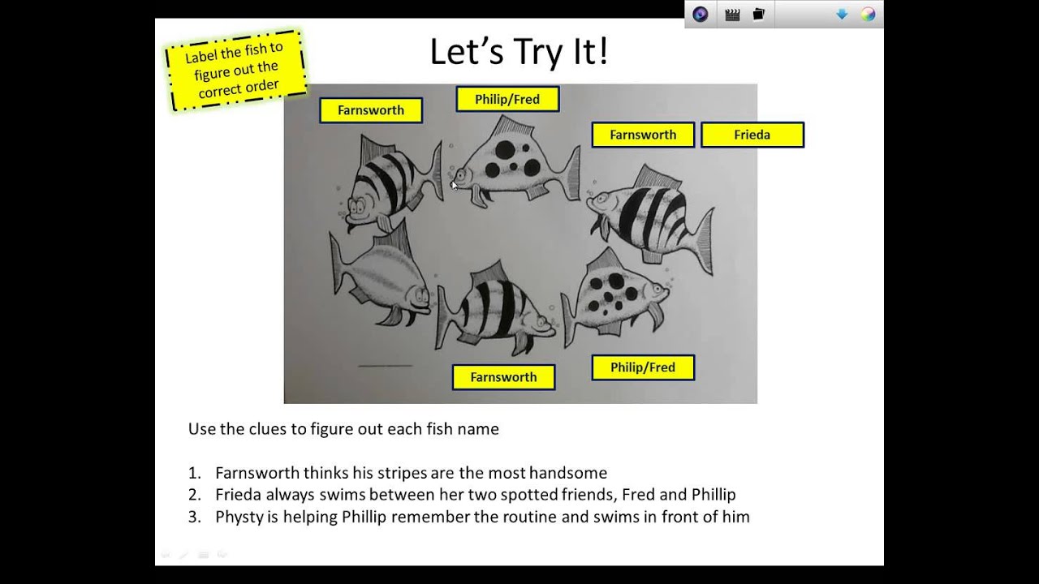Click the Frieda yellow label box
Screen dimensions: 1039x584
pos(752,135)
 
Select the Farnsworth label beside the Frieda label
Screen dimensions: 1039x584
pos(643,135)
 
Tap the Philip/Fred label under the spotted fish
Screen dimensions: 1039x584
pos(643,367)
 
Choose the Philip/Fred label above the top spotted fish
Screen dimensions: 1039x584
pos(507,99)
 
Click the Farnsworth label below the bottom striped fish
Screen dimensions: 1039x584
pos(503,377)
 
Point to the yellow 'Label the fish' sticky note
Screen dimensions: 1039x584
pos(235,71)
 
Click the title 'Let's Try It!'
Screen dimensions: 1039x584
pos(519,51)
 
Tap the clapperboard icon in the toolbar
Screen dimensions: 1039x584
pos(732,15)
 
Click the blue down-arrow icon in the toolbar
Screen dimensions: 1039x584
pos(842,15)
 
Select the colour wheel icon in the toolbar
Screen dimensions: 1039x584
pos(868,15)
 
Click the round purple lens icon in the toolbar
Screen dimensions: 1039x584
pos(700,15)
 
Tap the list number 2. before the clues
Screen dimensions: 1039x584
pos(195,495)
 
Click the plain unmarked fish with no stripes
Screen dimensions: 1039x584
pos(378,278)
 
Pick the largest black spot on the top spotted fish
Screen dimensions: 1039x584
pos(505,150)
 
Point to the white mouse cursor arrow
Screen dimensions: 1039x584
pos(455,186)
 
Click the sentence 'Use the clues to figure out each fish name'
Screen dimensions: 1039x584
pos(343,429)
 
